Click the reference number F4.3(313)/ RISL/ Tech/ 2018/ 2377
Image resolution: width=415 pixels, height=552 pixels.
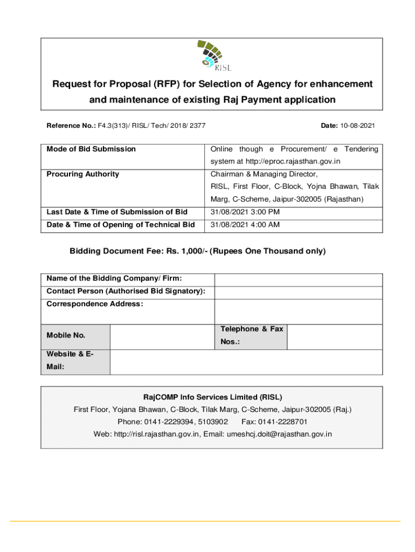click(x=151, y=126)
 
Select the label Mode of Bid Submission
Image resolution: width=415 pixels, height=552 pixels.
click(x=91, y=149)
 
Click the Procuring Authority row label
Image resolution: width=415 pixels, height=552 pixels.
click(x=83, y=174)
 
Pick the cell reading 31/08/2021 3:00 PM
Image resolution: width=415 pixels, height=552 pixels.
click(x=245, y=212)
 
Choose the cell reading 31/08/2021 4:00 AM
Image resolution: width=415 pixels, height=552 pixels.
click(x=245, y=225)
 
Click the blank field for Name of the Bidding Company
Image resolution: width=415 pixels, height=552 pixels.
click(x=298, y=279)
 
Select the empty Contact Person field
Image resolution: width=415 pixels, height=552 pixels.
click(x=298, y=292)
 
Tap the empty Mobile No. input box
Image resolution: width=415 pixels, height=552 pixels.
click(x=162, y=337)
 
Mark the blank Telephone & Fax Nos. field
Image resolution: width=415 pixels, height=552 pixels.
click(x=335, y=337)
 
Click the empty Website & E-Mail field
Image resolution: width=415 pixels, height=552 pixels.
click(x=246, y=362)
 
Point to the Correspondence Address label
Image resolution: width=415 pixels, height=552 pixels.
click(x=95, y=304)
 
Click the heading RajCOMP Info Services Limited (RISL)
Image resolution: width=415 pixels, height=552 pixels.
click(x=212, y=397)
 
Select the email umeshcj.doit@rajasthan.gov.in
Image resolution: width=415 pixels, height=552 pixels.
click(x=279, y=434)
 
